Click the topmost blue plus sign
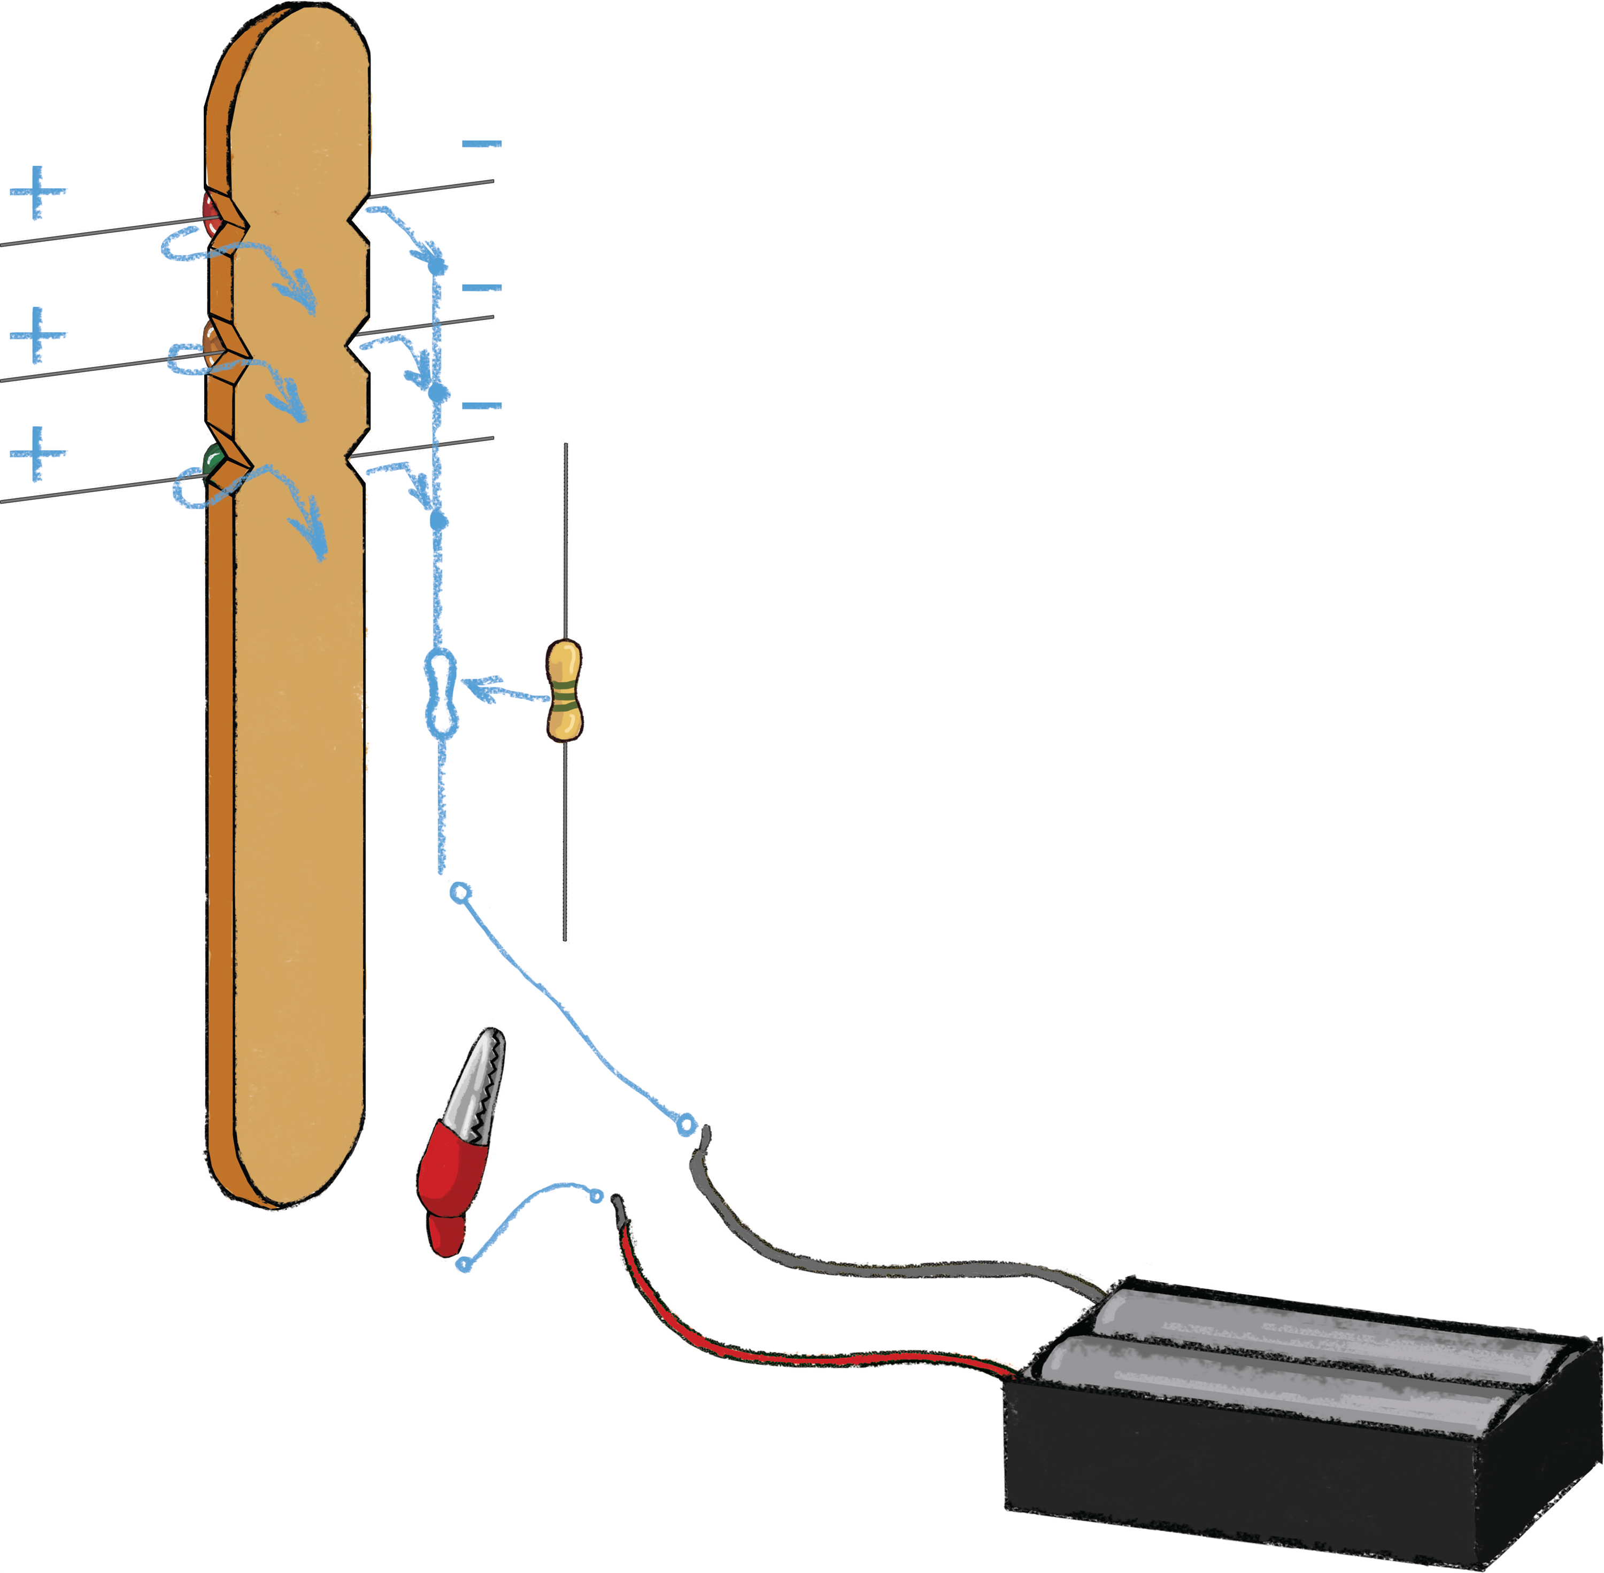(x=37, y=191)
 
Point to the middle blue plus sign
(x=38, y=335)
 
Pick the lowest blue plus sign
(x=38, y=453)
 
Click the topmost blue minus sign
(x=482, y=144)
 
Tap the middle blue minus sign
(x=482, y=288)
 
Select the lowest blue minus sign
(x=482, y=406)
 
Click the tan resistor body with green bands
(x=564, y=691)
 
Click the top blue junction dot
(x=436, y=266)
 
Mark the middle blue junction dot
(x=437, y=394)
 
